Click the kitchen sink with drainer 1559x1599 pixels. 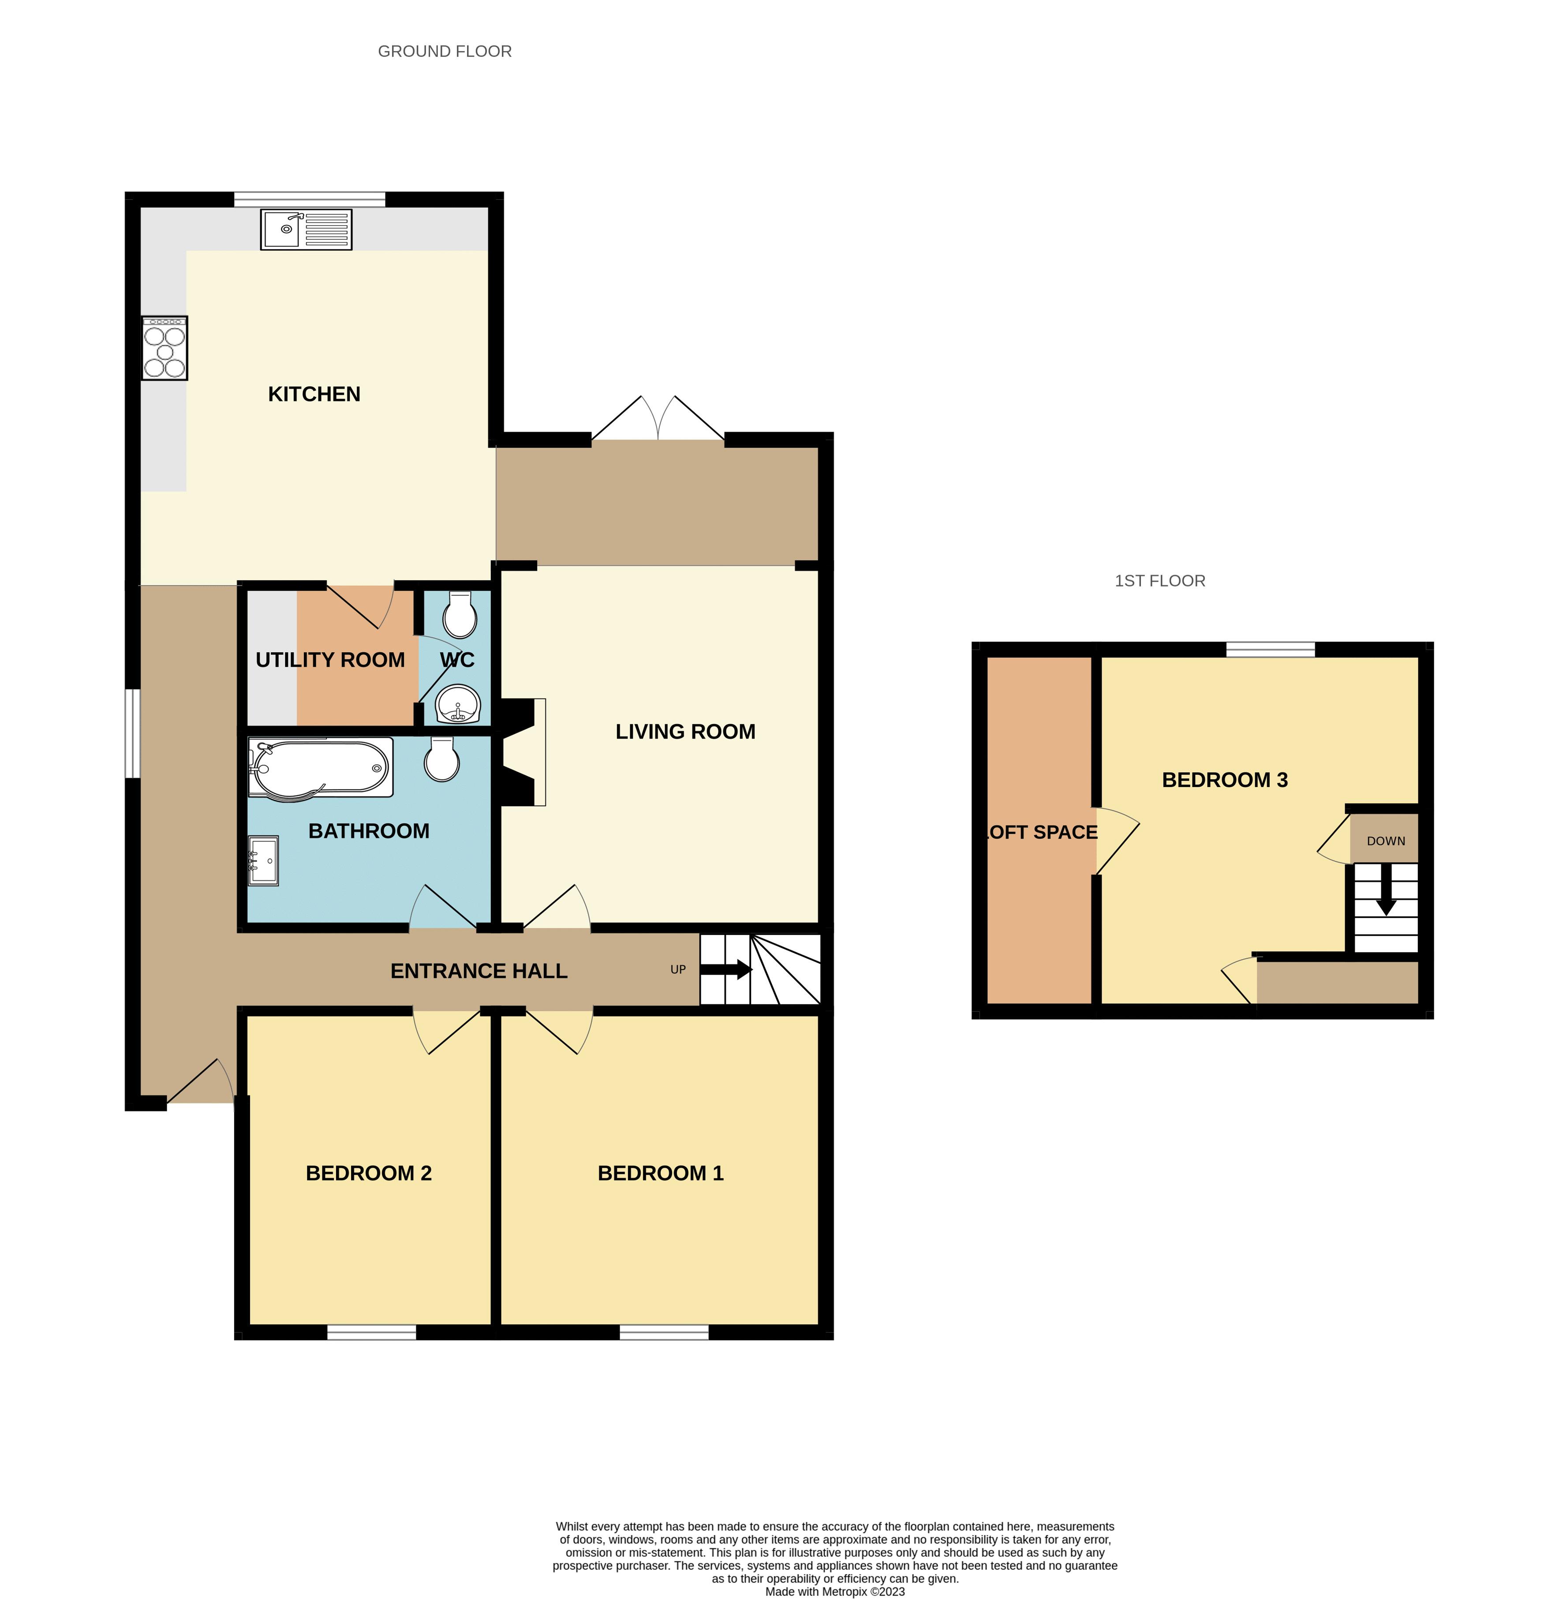306,229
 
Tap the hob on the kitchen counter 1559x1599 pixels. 164,348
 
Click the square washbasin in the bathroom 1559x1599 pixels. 263,859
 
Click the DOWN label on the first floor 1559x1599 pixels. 1385,841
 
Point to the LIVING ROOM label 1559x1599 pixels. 685,731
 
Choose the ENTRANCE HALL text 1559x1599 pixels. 479,971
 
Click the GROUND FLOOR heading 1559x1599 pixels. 445,51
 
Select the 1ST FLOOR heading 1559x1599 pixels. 1159,580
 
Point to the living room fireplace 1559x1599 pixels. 524,751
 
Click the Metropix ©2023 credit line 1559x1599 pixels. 834,1592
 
